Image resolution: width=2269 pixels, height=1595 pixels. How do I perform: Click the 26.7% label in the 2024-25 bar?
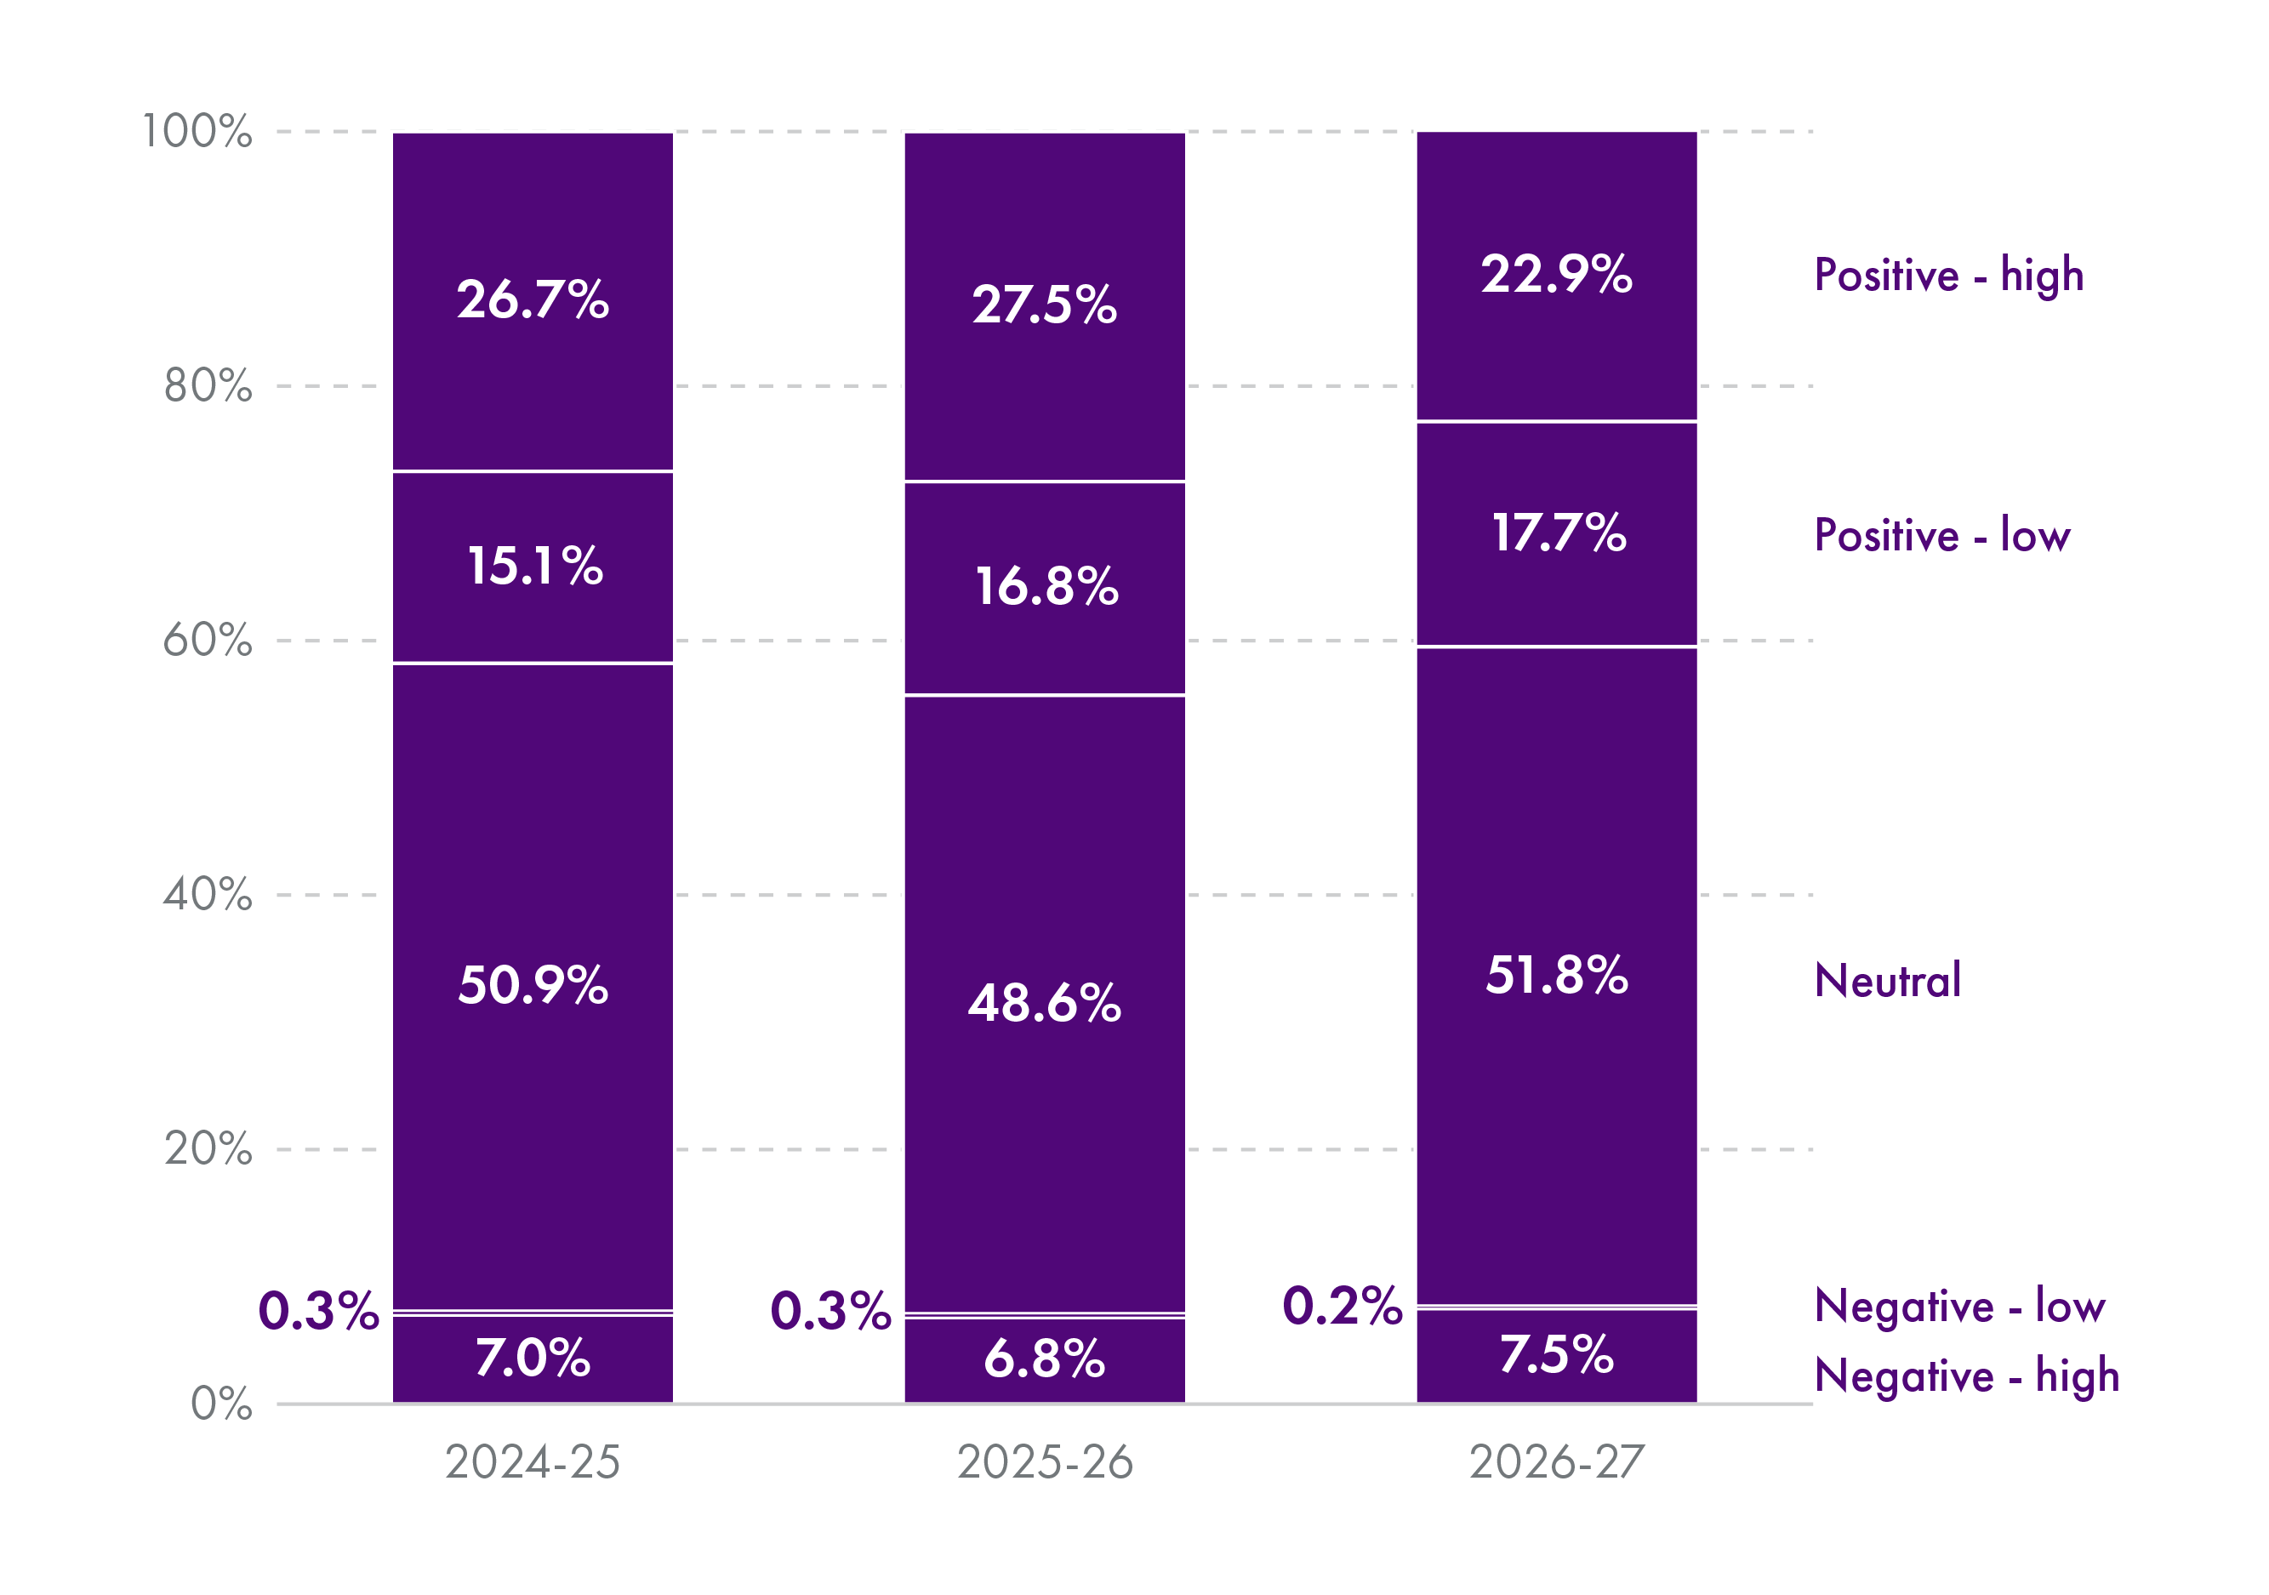point(533,299)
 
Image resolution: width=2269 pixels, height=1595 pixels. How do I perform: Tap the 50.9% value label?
point(533,985)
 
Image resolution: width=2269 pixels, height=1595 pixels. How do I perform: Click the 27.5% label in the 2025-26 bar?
point(1045,305)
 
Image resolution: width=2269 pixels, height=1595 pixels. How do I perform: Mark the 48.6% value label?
point(1045,1003)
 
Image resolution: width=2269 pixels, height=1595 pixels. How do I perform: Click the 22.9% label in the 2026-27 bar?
point(1556,274)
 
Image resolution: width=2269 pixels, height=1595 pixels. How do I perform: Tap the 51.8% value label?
point(1556,976)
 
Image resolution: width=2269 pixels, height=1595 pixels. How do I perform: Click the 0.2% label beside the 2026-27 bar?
point(1341,1306)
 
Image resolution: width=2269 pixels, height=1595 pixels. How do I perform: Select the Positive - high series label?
point(1949,275)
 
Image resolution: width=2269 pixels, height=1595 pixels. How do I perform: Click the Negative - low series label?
point(1959,1306)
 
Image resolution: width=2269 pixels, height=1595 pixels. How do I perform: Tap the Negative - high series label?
point(1967,1376)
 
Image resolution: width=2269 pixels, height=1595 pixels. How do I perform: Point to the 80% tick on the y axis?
point(208,385)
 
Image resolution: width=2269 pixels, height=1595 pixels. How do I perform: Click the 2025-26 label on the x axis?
point(1045,1462)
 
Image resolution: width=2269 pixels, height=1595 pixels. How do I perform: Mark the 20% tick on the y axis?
point(208,1148)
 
